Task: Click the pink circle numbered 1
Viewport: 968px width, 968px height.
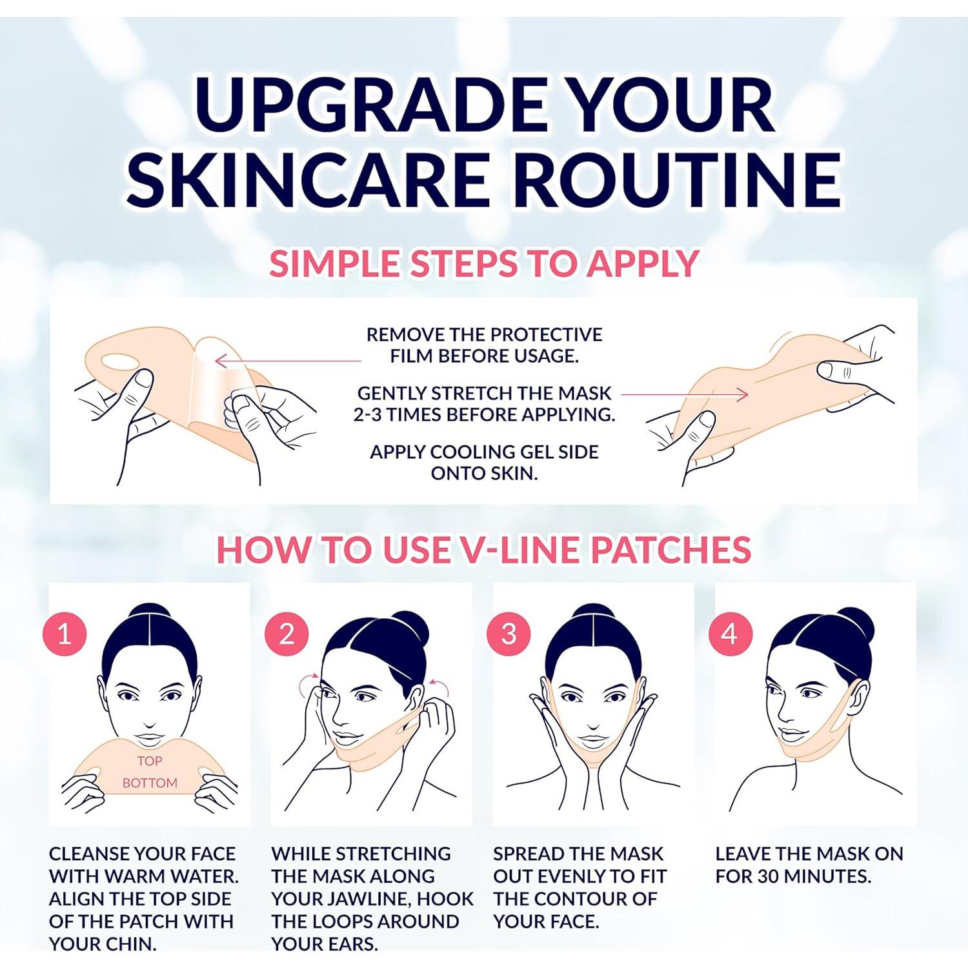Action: click(x=65, y=634)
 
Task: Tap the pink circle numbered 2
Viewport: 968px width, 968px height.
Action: click(x=287, y=634)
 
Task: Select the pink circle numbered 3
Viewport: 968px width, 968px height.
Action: click(x=509, y=634)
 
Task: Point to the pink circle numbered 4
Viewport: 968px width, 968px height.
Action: click(x=730, y=634)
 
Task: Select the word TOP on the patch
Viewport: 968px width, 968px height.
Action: click(x=149, y=761)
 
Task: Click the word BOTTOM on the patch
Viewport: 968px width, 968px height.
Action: click(x=149, y=783)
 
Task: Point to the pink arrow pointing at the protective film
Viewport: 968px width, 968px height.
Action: click(x=287, y=360)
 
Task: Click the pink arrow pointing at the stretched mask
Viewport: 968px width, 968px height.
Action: click(x=684, y=394)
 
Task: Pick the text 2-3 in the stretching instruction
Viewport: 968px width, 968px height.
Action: click(x=367, y=414)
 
